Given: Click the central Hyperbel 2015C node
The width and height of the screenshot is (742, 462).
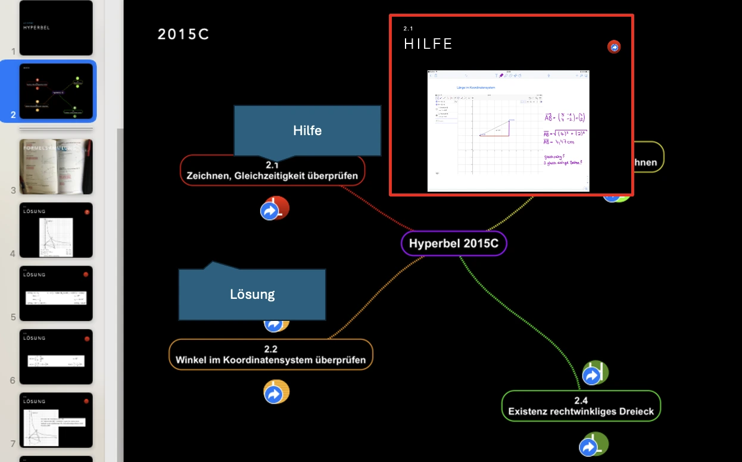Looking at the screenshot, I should coord(454,244).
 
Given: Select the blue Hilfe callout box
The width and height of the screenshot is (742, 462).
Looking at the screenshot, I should coord(307,130).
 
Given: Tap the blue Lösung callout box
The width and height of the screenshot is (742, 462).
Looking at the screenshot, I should coord(252,294).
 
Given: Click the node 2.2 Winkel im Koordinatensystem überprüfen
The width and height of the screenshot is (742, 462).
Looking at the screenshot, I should coord(270,355).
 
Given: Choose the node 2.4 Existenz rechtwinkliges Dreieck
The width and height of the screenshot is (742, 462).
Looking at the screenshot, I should coord(581,406).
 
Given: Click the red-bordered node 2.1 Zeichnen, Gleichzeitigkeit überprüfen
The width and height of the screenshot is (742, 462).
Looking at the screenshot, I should coord(272,171).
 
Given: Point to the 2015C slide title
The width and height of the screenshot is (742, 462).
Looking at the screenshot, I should coord(183,35).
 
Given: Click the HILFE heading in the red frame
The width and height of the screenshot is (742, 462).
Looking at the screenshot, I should coord(428,44).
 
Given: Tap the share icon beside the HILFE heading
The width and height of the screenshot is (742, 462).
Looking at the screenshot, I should coord(614,47).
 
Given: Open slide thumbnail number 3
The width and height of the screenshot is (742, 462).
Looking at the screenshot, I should coord(56,167).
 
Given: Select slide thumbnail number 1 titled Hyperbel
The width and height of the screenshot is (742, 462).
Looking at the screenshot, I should coord(56,28).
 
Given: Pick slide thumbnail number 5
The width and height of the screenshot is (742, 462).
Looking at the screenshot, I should coord(56,294).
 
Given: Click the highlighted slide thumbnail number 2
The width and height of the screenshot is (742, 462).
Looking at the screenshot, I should coord(56,91).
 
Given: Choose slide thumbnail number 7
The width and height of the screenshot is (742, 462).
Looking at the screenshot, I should coord(56,420).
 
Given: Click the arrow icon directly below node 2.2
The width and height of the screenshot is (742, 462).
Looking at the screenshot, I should coord(275,393).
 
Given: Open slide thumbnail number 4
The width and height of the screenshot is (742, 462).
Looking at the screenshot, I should coord(56,230).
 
